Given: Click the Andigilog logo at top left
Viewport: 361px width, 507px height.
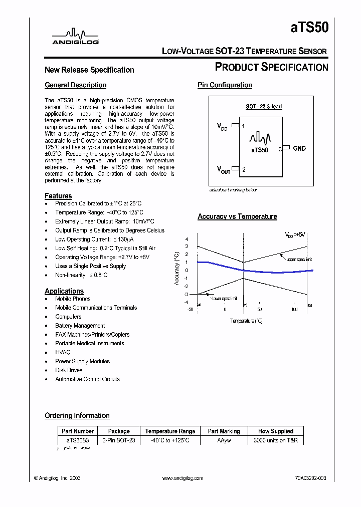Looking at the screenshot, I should pos(76,37).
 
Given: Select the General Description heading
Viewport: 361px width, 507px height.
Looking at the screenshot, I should pos(75,85).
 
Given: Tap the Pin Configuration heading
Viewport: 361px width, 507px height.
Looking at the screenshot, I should pos(225,85).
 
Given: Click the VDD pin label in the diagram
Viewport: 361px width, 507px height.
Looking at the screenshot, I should pos(222,127).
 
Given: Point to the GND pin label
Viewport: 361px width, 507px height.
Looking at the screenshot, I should pos(299,148).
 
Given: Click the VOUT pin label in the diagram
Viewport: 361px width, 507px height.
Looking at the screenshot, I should pos(224,170).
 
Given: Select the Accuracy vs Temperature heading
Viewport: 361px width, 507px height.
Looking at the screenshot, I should pos(237,216).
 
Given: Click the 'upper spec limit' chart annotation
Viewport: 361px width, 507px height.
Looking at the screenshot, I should pos(299,260).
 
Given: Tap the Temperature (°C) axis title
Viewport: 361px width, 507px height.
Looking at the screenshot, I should pos(246,321).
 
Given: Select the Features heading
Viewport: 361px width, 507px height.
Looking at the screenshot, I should pos(58,196).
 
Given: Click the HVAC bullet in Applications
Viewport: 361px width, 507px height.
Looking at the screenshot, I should pos(63,352).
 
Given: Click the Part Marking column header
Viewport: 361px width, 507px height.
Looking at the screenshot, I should pos(224,431).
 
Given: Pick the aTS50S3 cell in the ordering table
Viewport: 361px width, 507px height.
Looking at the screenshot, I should pos(77,440).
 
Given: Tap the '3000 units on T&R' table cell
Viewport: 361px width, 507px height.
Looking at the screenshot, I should pos(275,440).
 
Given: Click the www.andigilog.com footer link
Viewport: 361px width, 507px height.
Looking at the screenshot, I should pos(183,478).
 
